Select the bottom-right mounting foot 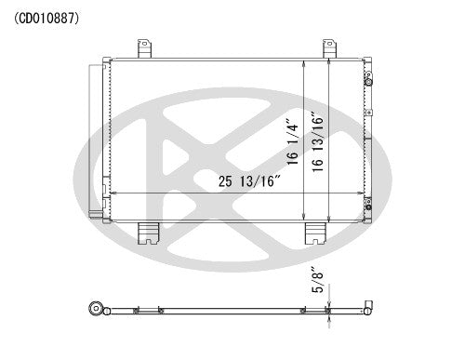[315, 233]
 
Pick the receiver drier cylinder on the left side [95, 140]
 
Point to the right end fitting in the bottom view [369, 308]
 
